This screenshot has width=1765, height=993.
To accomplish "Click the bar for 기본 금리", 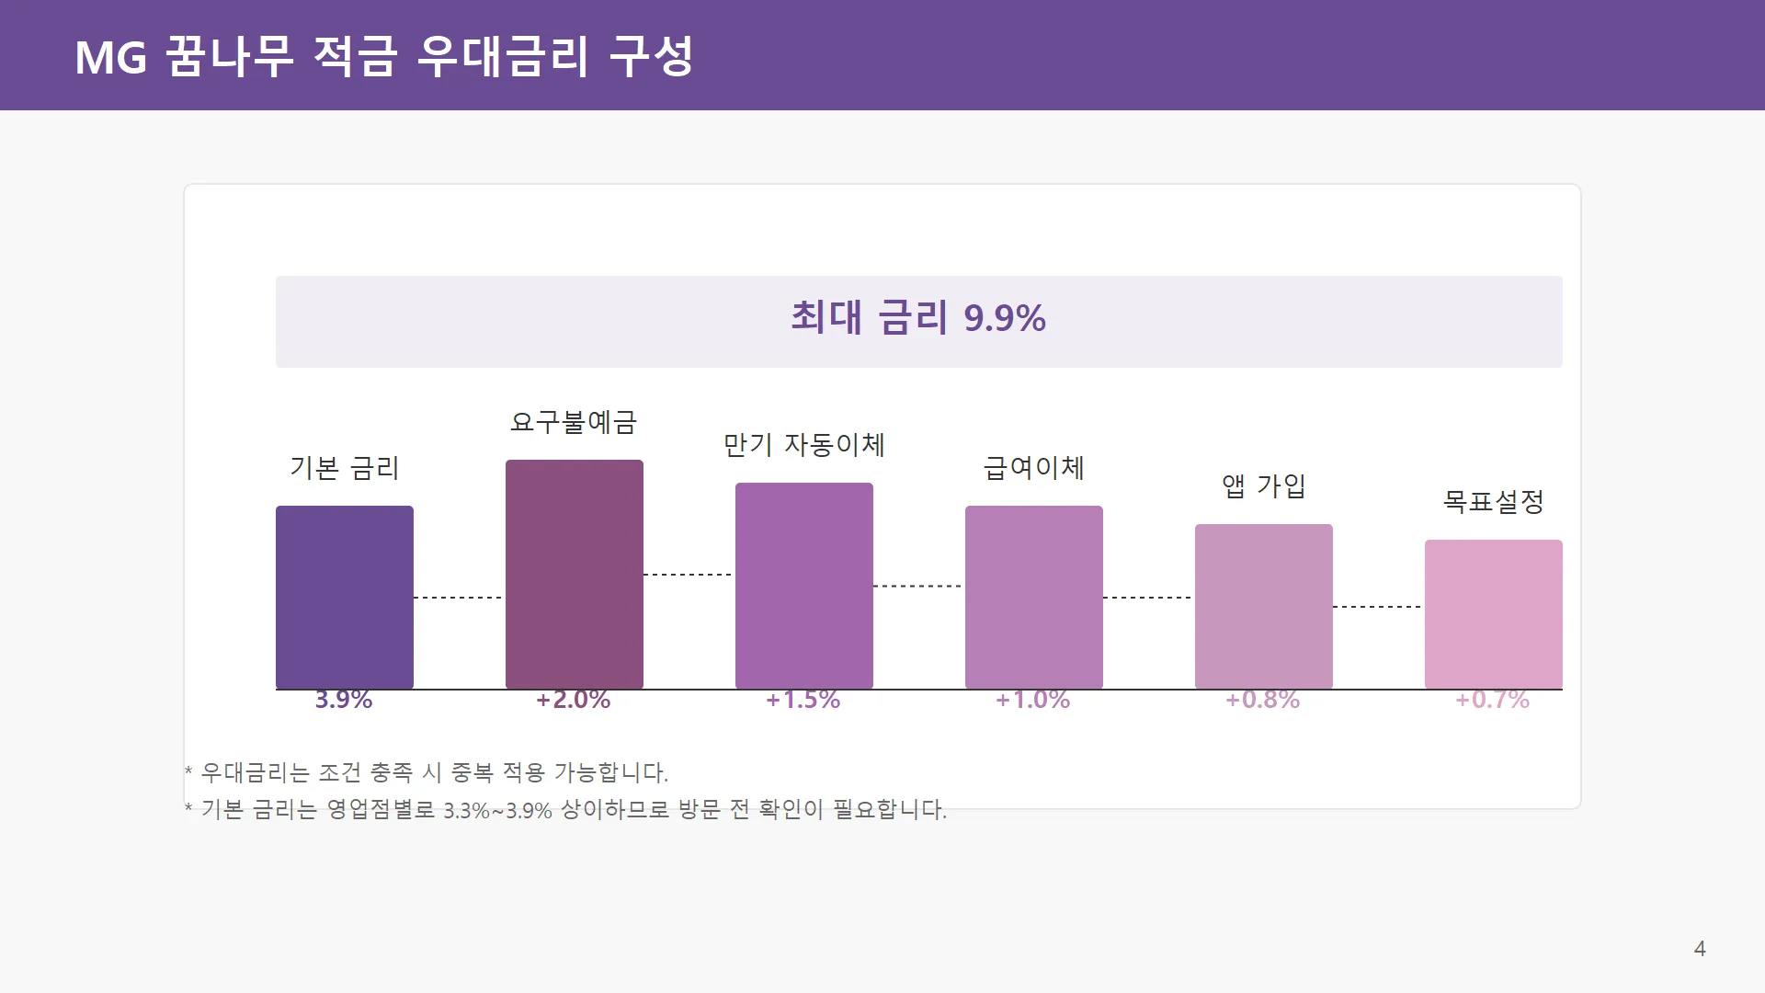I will coord(345,598).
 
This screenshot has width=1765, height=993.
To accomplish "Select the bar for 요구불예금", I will coord(575,575).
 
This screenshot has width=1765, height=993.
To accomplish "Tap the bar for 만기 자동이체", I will coord(804,586).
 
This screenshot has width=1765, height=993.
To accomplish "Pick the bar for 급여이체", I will coord(1034,598).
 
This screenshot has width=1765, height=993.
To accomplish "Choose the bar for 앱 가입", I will coord(1264,607).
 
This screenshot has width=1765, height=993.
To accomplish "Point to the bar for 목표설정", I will coord(1494,614).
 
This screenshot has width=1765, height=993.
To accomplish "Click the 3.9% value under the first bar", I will coord(344,700).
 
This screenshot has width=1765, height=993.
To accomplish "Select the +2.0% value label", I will coord(574,700).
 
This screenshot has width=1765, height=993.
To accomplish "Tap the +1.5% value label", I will coord(803,700).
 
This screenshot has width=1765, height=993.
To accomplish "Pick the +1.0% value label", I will coord(1033,700).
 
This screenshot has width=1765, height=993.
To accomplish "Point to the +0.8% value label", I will coord(1263,700).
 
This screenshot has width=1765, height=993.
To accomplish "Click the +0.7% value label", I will coord(1493,700).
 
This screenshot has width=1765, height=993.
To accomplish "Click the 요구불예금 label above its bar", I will coord(574,422).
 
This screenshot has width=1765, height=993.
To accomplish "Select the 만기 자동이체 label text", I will coord(804,445).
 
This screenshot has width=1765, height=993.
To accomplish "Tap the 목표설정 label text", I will coord(1494,501).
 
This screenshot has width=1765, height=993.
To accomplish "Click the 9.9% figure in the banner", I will coord(1005,319).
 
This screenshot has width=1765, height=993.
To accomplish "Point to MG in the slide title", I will coord(110,58).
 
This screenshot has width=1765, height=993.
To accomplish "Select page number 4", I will coord(1700,949).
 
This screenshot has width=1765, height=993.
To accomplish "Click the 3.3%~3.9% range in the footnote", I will coord(497,811).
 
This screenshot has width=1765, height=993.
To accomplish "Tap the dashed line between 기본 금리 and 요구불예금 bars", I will coord(459,598).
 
